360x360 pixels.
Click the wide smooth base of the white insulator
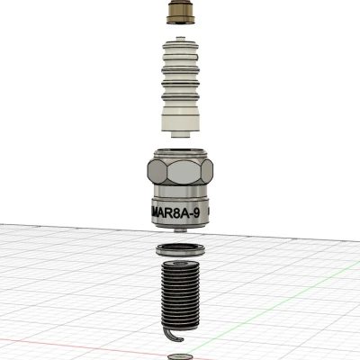pyautogui.click(x=181, y=114)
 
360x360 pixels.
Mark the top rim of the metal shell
pyautogui.click(x=181, y=148)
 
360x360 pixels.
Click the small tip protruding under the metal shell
pyautogui.click(x=182, y=230)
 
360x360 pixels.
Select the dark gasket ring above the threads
pyautogui.click(x=181, y=250)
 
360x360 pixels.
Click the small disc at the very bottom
pyautogui.click(x=181, y=355)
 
